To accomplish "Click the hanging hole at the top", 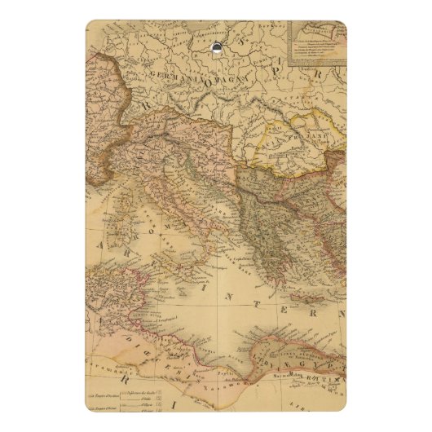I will [x=216, y=48].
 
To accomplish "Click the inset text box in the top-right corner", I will [x=318, y=45].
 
